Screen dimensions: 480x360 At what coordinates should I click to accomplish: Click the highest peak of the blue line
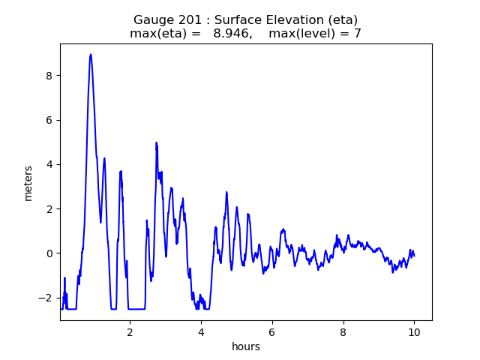pyautogui.click(x=91, y=55)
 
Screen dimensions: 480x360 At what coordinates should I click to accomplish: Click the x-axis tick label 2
pyautogui.click(x=130, y=332)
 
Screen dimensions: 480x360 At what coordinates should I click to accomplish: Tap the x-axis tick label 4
pyautogui.click(x=201, y=332)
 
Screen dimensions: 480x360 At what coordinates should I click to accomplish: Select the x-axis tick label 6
pyautogui.click(x=271, y=332)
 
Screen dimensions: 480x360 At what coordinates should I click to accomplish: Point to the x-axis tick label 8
pyautogui.click(x=343, y=332)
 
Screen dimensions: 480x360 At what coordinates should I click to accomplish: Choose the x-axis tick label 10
pyautogui.click(x=414, y=332)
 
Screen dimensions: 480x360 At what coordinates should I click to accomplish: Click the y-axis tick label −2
pyautogui.click(x=45, y=298)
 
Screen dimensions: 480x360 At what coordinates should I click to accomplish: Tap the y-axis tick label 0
pyautogui.click(x=49, y=253)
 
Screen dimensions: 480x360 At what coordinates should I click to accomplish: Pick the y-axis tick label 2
pyautogui.click(x=49, y=209)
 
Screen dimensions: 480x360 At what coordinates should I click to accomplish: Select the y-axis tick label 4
pyautogui.click(x=49, y=165)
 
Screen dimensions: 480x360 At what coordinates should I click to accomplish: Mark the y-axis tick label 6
pyautogui.click(x=49, y=120)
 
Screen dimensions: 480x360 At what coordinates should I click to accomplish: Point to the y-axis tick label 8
pyautogui.click(x=49, y=76)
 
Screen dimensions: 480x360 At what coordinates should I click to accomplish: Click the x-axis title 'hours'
pyautogui.click(x=246, y=346)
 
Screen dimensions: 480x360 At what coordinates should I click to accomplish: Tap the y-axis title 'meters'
pyautogui.click(x=28, y=183)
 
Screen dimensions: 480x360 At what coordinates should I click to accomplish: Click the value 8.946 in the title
pyautogui.click(x=231, y=33)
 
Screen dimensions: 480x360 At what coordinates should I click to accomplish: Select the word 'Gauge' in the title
pyautogui.click(x=150, y=20)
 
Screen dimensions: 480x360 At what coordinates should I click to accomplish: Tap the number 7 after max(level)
pyautogui.click(x=358, y=33)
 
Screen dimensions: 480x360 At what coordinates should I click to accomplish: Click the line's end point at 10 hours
pyautogui.click(x=414, y=256)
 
